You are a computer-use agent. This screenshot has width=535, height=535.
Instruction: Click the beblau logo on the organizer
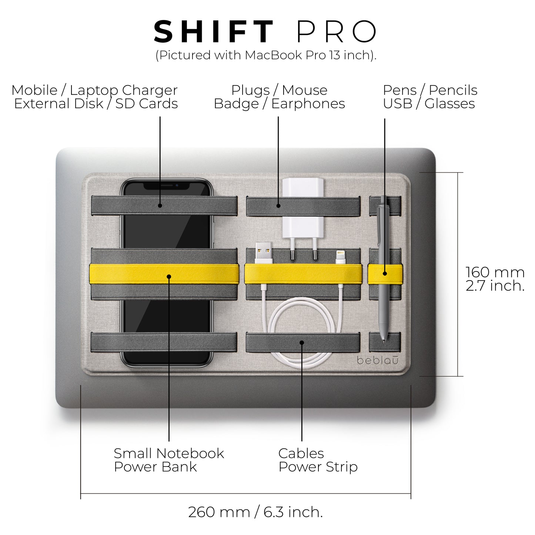(378, 360)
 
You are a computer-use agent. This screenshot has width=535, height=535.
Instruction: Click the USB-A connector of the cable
(264, 254)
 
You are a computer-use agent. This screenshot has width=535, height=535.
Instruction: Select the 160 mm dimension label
(495, 272)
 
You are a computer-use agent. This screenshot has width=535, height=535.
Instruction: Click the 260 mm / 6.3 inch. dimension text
(255, 512)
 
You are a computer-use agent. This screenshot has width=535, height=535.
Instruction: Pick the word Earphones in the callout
(308, 104)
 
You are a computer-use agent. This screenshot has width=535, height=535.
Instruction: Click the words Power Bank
(155, 467)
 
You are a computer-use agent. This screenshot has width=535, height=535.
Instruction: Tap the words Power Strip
(318, 467)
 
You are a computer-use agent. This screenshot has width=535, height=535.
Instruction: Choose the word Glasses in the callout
(449, 104)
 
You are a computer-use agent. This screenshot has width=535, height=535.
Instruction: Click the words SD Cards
(147, 104)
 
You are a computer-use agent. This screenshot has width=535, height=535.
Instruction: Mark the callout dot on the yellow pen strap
(385, 274)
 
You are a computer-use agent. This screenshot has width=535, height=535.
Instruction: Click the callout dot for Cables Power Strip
(302, 342)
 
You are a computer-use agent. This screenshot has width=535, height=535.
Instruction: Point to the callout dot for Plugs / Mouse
(278, 206)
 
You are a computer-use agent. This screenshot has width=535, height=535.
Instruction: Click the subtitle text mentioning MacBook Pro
(266, 55)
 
